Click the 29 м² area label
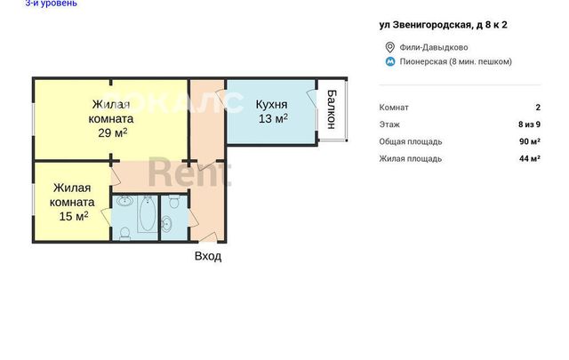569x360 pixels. [113, 132]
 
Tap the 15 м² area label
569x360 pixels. [74, 216]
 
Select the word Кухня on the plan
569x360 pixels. [271, 105]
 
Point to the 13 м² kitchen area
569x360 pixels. [273, 118]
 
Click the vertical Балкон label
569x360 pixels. [332, 109]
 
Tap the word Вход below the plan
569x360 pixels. [208, 256]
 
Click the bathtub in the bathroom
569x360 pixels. [148, 213]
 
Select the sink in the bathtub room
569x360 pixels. [124, 200]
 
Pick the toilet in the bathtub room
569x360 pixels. [124, 233]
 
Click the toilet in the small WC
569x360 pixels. [174, 201]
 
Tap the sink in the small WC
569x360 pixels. [167, 223]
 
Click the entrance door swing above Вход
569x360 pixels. [207, 236]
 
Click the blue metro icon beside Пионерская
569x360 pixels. [390, 61]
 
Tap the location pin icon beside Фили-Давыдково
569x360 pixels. [390, 47]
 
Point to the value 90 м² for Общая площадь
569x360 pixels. [530, 141]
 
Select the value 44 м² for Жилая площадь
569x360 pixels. [530, 158]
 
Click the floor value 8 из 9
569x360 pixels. [530, 124]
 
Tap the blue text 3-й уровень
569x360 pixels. [52, 4]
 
